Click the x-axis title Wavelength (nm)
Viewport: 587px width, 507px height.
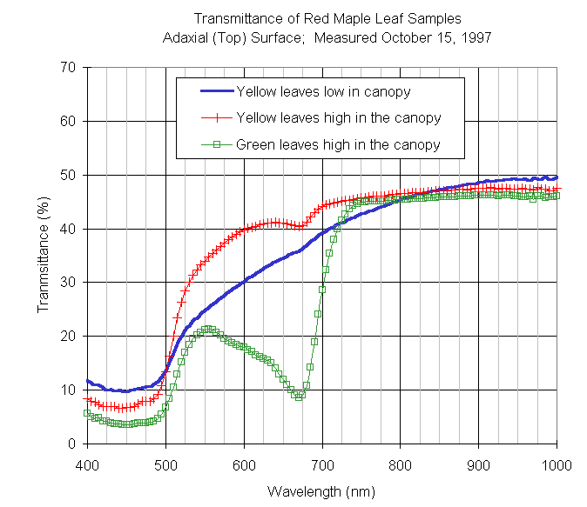pos(321,491)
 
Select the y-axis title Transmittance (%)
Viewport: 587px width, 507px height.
pos(43,256)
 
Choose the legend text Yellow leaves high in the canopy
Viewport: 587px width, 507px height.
pos(339,117)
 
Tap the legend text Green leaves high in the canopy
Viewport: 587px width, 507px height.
pos(338,144)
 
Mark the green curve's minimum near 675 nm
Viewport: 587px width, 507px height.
pos(300,396)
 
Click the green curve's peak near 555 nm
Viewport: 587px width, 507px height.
pos(208,330)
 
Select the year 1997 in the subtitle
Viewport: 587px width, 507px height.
pos(475,37)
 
